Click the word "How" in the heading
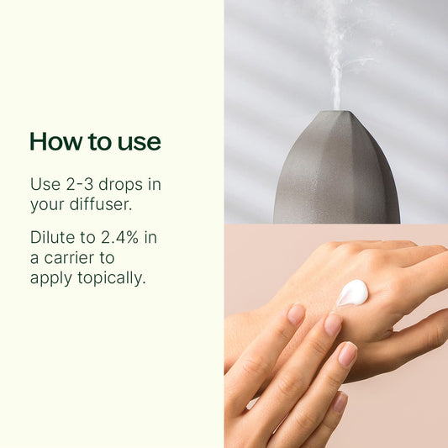53,141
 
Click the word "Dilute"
52,237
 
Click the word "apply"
51,278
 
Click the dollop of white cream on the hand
352,292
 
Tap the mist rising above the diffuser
335,50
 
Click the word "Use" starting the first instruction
43,183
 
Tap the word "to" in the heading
93,142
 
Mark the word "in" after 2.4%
152,237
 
